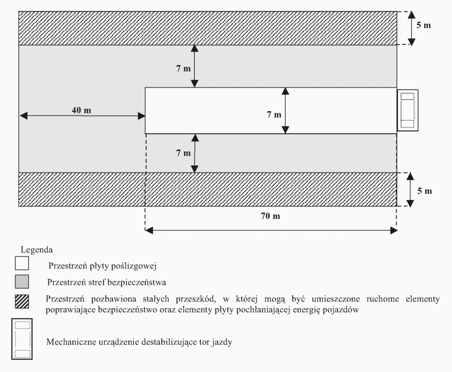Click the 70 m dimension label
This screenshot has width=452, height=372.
(270, 216)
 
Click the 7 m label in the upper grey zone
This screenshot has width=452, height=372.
(184, 69)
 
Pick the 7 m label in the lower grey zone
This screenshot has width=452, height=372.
(184, 153)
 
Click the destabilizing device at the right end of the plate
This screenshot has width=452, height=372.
(408, 110)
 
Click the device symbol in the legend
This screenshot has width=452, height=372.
(22, 334)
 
